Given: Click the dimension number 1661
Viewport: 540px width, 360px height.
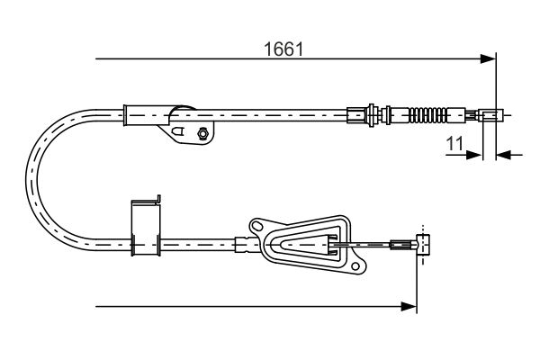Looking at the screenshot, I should pyautogui.click(x=282, y=49).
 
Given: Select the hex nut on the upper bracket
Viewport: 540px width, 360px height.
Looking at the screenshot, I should pyautogui.click(x=202, y=134).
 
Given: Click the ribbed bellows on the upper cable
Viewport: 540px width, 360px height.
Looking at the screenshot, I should pyautogui.click(x=427, y=114).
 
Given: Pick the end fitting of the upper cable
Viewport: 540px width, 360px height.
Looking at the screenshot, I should pyautogui.click(x=489, y=115).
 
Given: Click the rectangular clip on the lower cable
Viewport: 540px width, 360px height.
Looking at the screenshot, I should pyautogui.click(x=145, y=229).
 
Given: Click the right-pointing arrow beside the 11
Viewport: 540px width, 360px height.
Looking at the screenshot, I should pyautogui.click(x=473, y=155).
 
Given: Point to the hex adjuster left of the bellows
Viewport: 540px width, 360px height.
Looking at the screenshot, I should pyautogui.click(x=369, y=114).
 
